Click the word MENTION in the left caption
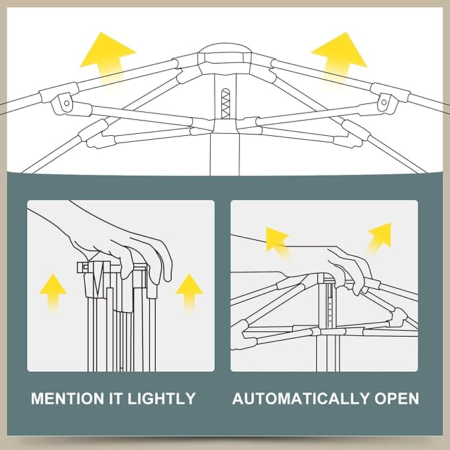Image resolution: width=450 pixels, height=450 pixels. tap(68, 398)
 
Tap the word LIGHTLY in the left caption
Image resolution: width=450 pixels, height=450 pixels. tap(162, 398)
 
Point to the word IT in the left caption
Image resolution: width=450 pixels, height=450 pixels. tap(117, 398)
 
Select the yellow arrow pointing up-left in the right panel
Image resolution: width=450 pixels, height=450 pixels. tap(277, 241)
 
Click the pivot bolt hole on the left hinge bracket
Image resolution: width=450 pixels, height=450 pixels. tap(67, 103)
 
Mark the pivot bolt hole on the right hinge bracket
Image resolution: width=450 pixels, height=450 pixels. tap(384, 102)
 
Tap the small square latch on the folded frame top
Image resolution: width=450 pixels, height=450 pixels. tap(85, 267)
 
